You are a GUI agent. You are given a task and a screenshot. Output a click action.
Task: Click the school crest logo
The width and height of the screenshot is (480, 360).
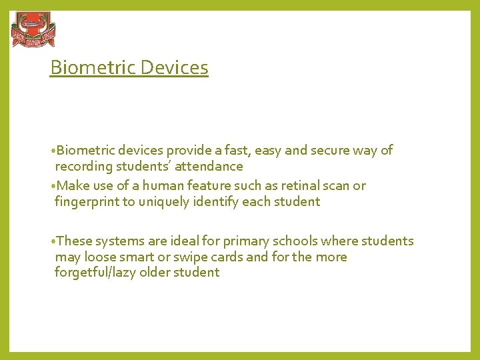pos(33,30)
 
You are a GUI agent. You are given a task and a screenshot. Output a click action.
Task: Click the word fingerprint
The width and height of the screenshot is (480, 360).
pos(87,201)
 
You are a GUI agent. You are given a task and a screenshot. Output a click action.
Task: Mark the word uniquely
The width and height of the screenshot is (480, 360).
pos(165,201)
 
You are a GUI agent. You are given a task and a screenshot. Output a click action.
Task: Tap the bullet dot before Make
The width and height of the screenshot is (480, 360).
pos(52,186)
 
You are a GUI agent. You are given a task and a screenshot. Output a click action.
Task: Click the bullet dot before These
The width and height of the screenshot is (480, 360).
pos(52,241)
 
